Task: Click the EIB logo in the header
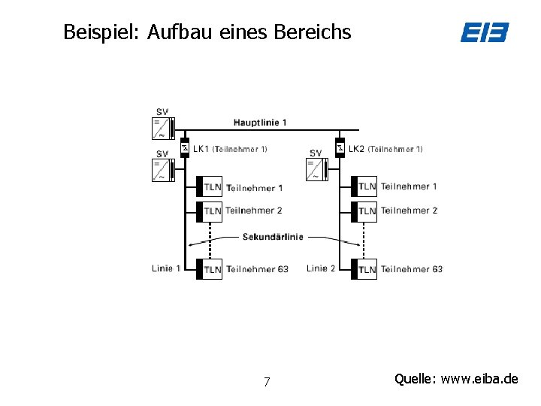(485, 32)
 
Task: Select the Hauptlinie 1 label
(260, 123)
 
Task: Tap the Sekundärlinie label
(273, 237)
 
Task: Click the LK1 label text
(201, 149)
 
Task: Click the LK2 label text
(356, 149)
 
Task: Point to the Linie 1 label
(166, 268)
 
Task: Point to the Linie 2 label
(321, 268)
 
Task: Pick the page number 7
(267, 382)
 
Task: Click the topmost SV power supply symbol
(162, 128)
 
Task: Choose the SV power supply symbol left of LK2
(316, 169)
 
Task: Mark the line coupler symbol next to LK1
(184, 147)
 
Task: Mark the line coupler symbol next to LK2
(340, 147)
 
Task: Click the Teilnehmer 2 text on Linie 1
(254, 211)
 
